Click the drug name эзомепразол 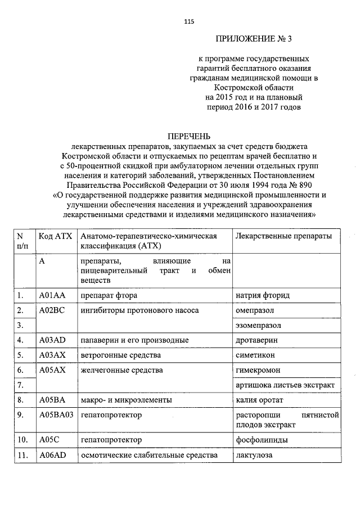point(259,325)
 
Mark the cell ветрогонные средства point(120,355)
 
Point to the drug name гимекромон point(258,370)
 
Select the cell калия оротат point(259,400)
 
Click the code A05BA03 point(57,415)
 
